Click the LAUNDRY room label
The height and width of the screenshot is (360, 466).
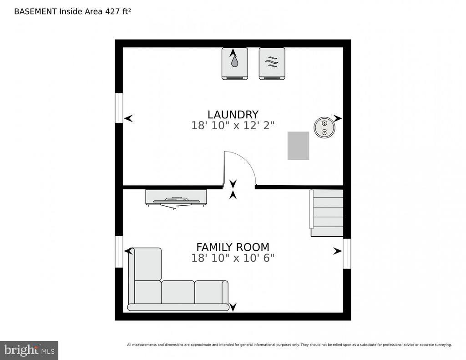233,114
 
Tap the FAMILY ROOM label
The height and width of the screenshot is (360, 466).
233,247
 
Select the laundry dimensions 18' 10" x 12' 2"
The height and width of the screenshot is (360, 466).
233,126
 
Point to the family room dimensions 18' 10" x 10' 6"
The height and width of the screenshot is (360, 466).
233,258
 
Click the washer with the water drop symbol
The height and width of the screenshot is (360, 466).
235,64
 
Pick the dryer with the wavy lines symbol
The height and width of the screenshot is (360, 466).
272,64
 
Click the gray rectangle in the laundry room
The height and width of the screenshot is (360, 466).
298,146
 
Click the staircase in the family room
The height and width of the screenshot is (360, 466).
327,213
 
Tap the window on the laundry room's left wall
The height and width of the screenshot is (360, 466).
119,108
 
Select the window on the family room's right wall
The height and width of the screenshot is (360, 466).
347,254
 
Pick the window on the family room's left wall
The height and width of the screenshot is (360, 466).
119,252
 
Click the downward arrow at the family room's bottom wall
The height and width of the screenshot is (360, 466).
233,307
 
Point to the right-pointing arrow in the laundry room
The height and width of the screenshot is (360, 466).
338,118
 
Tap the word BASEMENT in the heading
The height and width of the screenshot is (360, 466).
35,11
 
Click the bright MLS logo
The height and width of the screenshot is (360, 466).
29,350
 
